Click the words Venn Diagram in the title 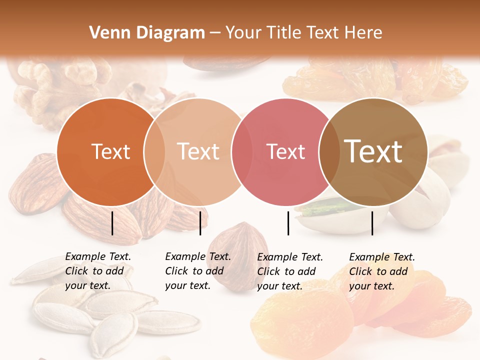click(x=147, y=32)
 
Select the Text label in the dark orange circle click(x=110, y=151)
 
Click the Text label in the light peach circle click(x=198, y=151)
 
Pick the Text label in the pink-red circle click(x=286, y=151)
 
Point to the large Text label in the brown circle click(x=373, y=151)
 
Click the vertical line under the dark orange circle click(x=112, y=223)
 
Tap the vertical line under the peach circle click(x=200, y=223)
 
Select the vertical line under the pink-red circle click(x=288, y=223)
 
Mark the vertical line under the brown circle click(x=372, y=223)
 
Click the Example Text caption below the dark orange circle click(x=98, y=271)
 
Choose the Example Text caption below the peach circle click(x=198, y=271)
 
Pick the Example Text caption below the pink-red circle click(x=290, y=271)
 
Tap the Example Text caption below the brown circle click(x=382, y=271)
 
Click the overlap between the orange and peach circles click(x=154, y=151)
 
